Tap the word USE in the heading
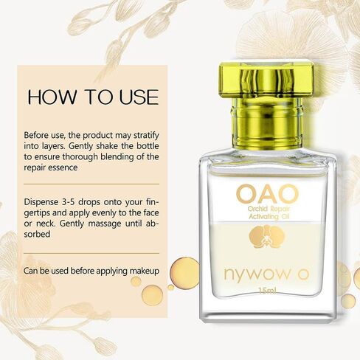139,97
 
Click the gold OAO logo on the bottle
267,194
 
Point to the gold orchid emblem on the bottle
267,237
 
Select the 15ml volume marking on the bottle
268,291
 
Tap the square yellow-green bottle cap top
267,80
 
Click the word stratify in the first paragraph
146,136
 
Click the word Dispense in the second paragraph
41,202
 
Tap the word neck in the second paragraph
46,224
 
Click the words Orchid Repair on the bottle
269,210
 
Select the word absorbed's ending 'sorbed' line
37,234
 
